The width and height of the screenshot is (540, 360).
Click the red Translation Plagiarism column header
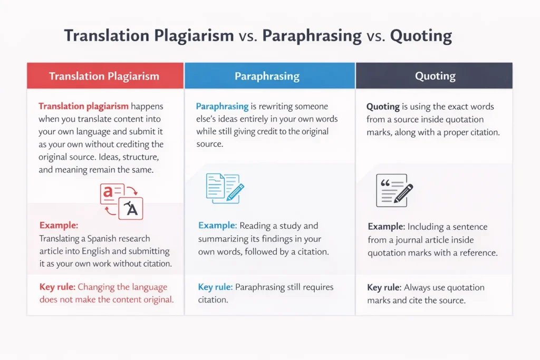[x=104, y=76]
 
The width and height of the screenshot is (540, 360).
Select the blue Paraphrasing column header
[x=267, y=76]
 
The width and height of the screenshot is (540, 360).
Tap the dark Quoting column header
[x=435, y=76]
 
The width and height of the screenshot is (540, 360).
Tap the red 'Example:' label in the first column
[x=59, y=226]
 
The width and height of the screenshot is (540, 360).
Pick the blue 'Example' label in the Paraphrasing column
[x=216, y=226]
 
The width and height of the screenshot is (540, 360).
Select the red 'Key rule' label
[x=57, y=287]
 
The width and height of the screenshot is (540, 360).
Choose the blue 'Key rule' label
[x=215, y=287]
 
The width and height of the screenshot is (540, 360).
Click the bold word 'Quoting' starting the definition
[x=383, y=106]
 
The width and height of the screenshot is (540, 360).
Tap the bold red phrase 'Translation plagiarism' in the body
[x=83, y=106]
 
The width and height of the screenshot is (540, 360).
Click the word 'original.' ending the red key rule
[x=156, y=300]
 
